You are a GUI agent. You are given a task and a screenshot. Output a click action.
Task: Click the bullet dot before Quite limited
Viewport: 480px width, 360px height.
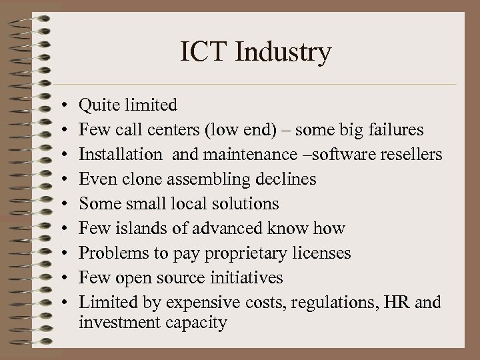61,105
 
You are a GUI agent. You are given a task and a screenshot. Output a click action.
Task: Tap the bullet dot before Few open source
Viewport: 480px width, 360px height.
61,278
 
